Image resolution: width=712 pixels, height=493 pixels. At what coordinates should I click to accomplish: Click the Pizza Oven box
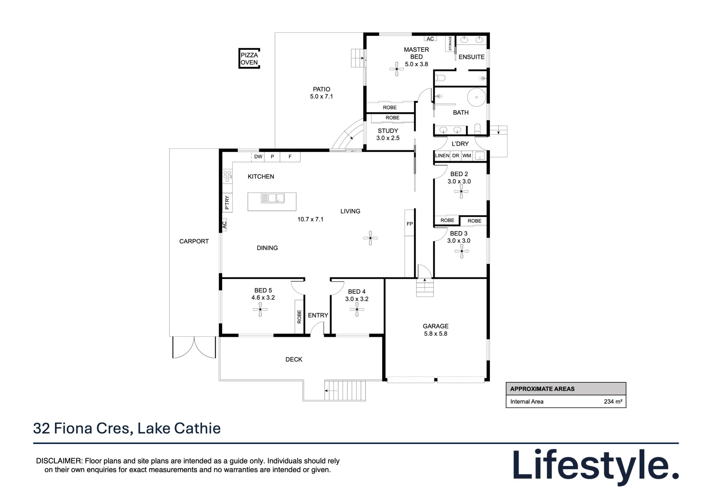pos(249,58)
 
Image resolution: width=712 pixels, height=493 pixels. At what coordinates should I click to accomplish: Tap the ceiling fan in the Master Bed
pos(397,69)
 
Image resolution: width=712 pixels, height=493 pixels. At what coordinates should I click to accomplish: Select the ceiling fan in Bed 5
pos(260,310)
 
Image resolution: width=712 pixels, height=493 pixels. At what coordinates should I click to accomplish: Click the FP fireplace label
pos(410,224)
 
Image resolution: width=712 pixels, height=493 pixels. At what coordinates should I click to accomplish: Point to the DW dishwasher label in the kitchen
pos(258,157)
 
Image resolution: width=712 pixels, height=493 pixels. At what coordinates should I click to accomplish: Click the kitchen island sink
pos(273,198)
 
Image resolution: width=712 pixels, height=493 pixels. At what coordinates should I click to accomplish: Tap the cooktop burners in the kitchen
pos(227,177)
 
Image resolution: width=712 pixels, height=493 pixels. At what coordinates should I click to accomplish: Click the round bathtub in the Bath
pos(476,97)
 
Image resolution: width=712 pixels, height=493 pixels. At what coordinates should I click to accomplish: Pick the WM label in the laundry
pos(467,156)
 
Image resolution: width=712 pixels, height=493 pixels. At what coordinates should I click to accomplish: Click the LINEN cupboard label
pos(442,156)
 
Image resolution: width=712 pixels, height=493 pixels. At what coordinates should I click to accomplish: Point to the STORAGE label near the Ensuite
pos(450,43)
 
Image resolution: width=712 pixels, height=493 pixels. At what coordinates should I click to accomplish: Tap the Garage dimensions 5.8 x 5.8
pos(436,334)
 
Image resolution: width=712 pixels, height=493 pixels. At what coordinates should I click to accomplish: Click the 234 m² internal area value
pos(613,402)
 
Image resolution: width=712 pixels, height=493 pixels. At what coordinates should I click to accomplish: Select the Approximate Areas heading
pos(542,389)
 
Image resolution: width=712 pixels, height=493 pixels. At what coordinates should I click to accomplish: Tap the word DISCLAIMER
pos(59,461)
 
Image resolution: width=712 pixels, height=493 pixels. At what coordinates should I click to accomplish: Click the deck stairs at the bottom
pos(345,391)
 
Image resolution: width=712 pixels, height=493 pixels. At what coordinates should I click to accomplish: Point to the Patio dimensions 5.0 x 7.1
pos(321,96)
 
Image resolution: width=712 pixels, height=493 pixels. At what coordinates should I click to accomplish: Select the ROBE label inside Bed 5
pos(299,317)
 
